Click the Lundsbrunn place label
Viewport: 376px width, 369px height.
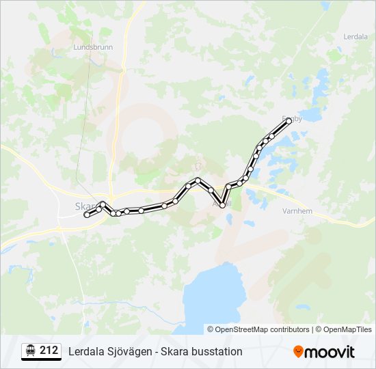[92, 48]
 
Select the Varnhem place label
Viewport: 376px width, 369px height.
[297, 211]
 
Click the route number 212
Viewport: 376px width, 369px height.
[49, 351]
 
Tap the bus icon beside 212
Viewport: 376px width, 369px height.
[30, 351]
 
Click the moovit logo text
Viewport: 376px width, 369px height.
[330, 352]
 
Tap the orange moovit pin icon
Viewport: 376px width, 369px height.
[298, 351]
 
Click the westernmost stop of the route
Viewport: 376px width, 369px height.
[87, 215]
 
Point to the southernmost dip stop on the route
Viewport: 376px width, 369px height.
[222, 205]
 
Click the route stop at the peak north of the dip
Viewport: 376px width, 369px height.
[198, 180]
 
